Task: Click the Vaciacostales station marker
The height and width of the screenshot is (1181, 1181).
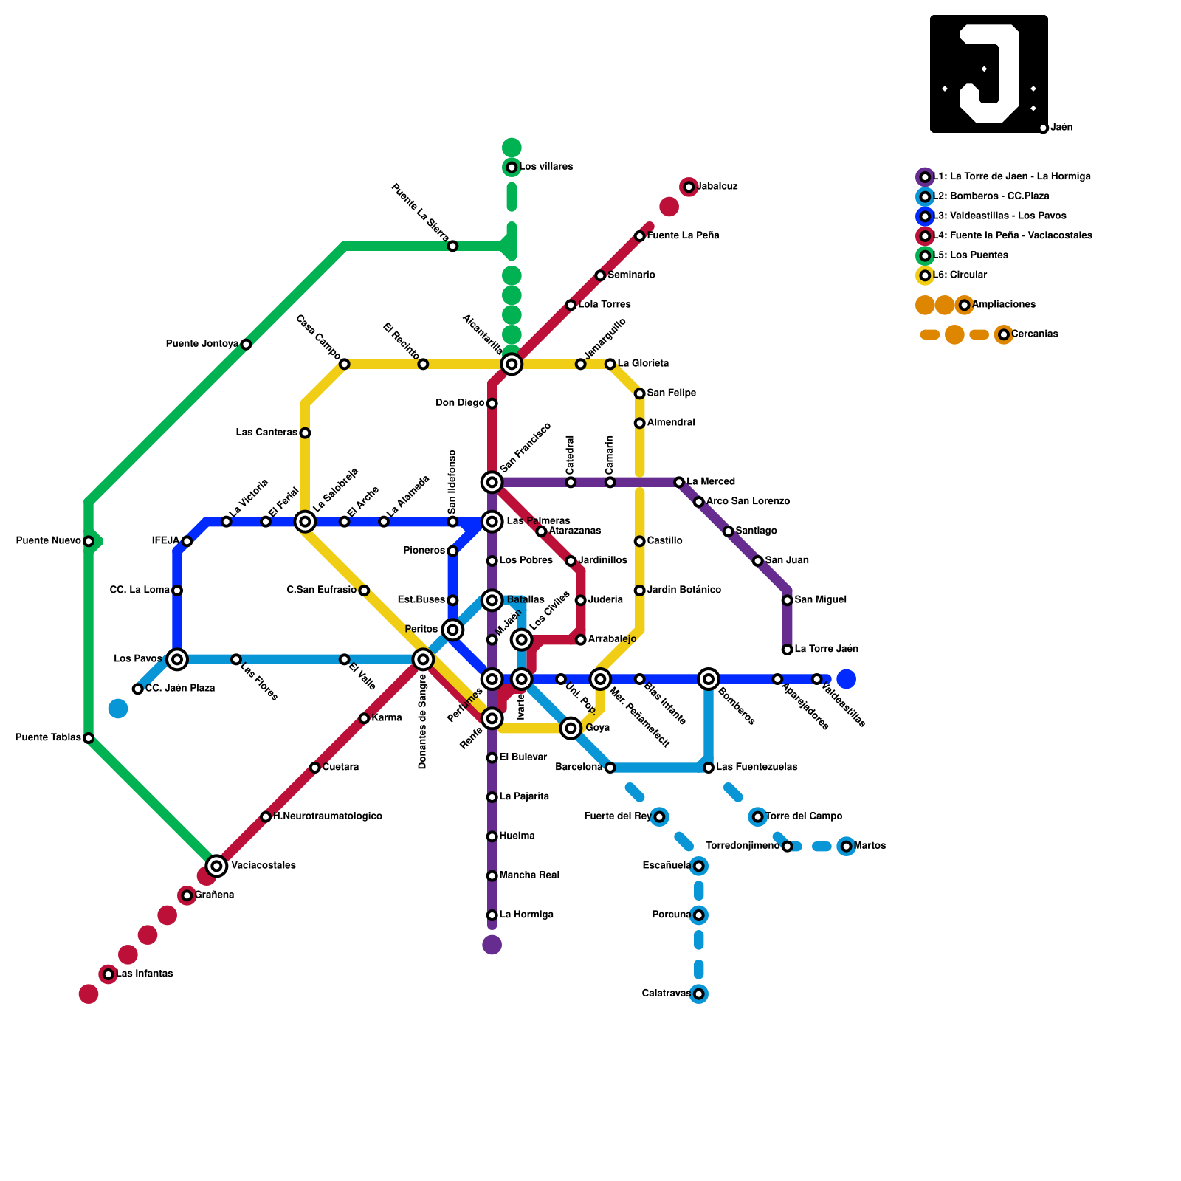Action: [216, 866]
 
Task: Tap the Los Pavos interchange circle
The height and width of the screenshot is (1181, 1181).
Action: [177, 659]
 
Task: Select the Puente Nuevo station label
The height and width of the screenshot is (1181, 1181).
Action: [48, 541]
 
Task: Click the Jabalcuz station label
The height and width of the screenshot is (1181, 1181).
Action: [717, 187]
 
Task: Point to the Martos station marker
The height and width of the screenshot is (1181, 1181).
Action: [847, 846]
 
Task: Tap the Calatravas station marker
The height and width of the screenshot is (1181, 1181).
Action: [699, 994]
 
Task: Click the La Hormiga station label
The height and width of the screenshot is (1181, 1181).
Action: [526, 915]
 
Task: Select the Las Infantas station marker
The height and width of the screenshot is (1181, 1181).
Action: [109, 974]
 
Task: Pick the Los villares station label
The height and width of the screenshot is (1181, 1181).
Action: [546, 167]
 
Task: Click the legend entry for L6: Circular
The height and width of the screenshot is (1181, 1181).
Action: [960, 275]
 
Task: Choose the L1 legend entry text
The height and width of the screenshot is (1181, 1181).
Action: [1012, 177]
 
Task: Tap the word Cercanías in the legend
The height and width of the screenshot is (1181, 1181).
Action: [1035, 334]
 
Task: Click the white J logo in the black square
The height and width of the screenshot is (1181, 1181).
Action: [989, 74]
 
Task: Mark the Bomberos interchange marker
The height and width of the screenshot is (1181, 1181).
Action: [709, 679]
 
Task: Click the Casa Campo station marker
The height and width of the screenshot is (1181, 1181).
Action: [344, 364]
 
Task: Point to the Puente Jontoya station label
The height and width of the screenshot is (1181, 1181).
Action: [202, 344]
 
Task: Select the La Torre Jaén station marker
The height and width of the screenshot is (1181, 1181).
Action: [788, 650]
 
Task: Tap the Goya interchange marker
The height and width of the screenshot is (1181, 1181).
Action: [571, 729]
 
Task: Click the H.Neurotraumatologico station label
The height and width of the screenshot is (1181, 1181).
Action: [328, 816]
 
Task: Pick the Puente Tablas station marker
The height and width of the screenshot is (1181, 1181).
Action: [89, 738]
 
